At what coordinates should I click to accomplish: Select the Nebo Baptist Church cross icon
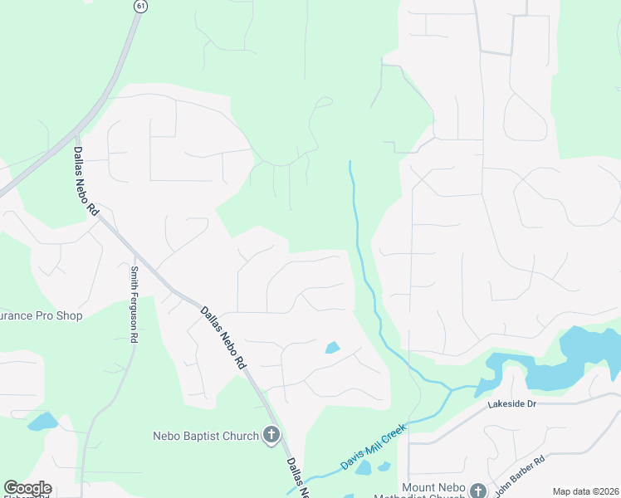[x=271, y=434]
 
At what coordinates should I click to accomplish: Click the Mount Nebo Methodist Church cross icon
[x=478, y=490]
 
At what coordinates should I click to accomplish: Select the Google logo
[x=27, y=488]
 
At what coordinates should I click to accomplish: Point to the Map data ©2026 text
[x=585, y=491]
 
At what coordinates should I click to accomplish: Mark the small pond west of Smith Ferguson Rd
[x=41, y=422]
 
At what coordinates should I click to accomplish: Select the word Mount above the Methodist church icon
[x=418, y=487]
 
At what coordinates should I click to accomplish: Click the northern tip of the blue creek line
[x=350, y=163]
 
